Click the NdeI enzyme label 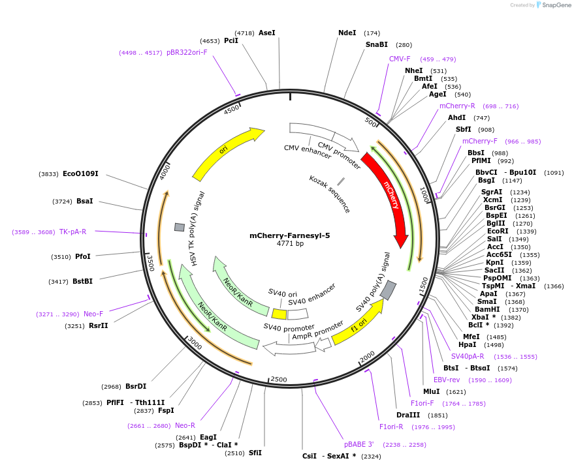click(347, 33)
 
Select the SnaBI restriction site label click(377, 45)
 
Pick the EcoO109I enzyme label click(80, 174)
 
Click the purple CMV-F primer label click(400, 59)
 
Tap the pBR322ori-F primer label click(187, 52)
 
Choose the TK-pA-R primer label click(72, 232)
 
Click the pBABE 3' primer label click(359, 444)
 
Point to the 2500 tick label click(279, 379)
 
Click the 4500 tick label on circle click(232, 110)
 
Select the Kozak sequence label click(330, 194)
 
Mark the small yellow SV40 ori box click(279, 314)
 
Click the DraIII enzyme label click(409, 415)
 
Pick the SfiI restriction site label click(255, 453)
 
